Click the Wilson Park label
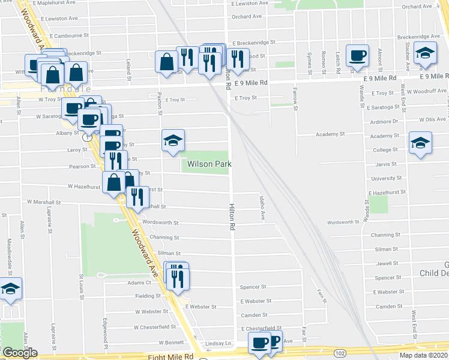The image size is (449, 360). click(209, 164)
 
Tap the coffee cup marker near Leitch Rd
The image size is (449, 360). click(358, 56)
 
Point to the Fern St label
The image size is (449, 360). click(320, 296)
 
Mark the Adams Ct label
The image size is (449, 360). click(139, 282)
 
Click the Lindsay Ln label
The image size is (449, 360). click(218, 343)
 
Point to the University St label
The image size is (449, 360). click(385, 178)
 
